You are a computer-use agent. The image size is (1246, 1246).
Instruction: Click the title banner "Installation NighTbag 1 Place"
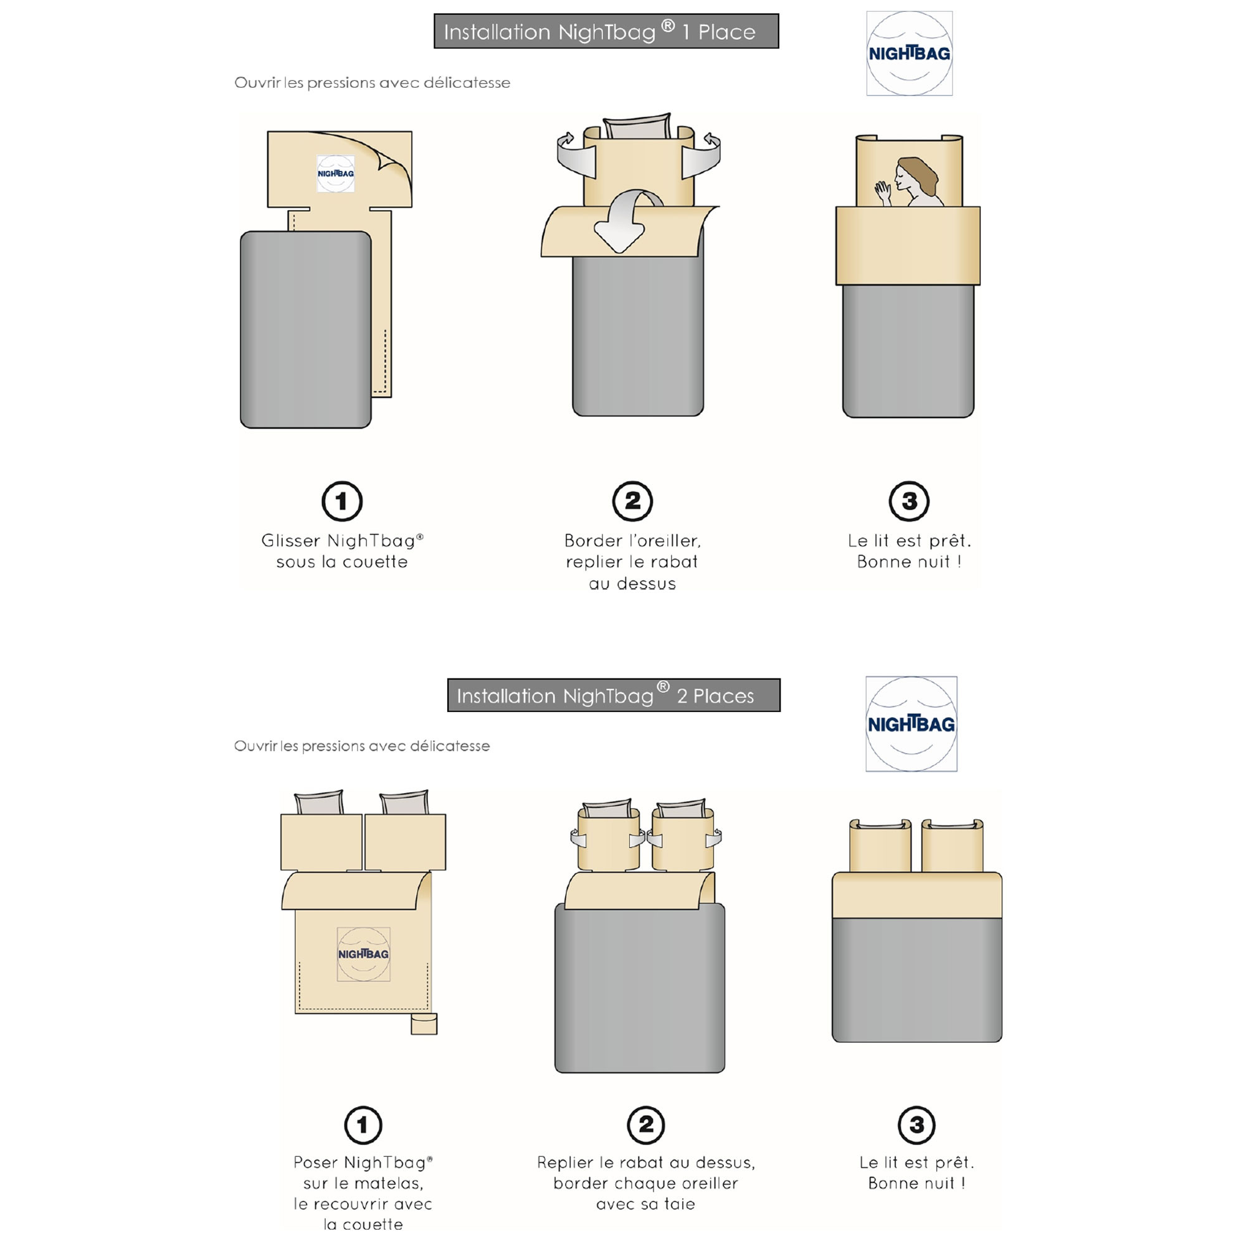606,31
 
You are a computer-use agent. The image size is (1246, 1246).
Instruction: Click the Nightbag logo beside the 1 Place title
910,54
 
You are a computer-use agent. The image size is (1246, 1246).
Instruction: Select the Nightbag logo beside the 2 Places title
911,723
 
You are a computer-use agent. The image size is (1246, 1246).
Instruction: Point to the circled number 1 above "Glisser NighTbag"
342,501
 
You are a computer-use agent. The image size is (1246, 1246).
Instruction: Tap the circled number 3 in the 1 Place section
909,501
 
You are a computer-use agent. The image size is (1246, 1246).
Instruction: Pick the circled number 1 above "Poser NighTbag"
363,1125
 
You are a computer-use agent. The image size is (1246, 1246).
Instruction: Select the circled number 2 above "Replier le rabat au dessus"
645,1125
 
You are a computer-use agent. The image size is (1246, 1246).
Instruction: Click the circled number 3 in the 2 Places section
916,1125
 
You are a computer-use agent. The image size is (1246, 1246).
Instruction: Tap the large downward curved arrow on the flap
624,222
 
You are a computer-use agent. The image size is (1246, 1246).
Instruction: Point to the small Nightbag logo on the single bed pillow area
335,173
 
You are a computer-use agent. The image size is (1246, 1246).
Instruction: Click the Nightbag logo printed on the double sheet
363,954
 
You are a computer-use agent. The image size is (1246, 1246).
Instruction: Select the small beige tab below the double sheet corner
424,1024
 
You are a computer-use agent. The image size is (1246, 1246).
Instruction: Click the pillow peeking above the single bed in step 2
637,127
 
